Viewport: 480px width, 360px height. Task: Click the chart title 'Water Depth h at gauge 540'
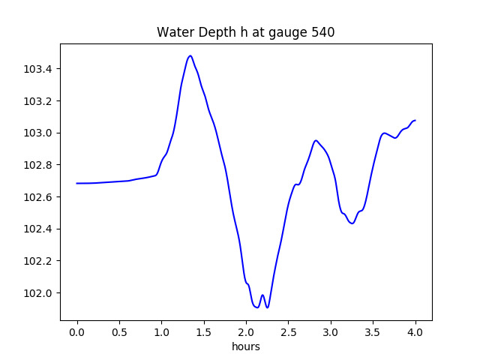tap(245, 32)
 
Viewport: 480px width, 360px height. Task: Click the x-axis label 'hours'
tap(245, 346)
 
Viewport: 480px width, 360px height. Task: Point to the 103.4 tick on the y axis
tap(38, 69)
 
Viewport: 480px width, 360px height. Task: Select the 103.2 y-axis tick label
tap(38, 101)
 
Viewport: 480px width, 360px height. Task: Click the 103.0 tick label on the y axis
tap(38, 133)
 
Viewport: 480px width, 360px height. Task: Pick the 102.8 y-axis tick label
tap(38, 165)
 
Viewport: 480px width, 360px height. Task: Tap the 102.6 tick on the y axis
tap(38, 196)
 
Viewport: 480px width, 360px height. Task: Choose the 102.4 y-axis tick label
tap(38, 229)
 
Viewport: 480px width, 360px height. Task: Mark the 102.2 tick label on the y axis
tap(38, 261)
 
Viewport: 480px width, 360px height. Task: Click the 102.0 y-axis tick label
tap(38, 292)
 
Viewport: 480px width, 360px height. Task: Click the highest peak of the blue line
tap(190, 55)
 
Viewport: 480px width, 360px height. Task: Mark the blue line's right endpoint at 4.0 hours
tap(415, 120)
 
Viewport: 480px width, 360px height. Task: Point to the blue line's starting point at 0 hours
tap(77, 183)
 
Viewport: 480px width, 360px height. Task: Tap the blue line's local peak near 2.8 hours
tap(316, 140)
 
